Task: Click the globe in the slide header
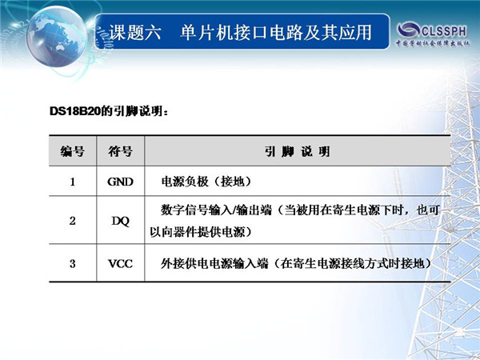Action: (56, 37)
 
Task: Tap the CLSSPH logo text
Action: (444, 31)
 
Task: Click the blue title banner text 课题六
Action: (134, 33)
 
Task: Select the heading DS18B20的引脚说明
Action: (108, 111)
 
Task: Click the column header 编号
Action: (72, 151)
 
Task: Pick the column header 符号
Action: (120, 151)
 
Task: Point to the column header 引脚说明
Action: (298, 151)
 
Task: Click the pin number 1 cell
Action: (73, 182)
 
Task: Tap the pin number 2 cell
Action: (73, 221)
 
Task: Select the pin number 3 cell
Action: (73, 263)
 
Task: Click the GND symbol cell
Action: (120, 182)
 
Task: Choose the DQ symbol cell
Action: (120, 221)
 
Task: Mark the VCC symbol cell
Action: (120, 263)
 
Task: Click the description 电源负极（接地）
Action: (206, 182)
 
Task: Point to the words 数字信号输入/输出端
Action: (217, 210)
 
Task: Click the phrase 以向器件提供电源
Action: (198, 232)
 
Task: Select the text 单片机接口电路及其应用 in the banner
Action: (276, 33)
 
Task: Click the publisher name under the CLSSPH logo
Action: (433, 43)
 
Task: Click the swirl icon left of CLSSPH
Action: (409, 30)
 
